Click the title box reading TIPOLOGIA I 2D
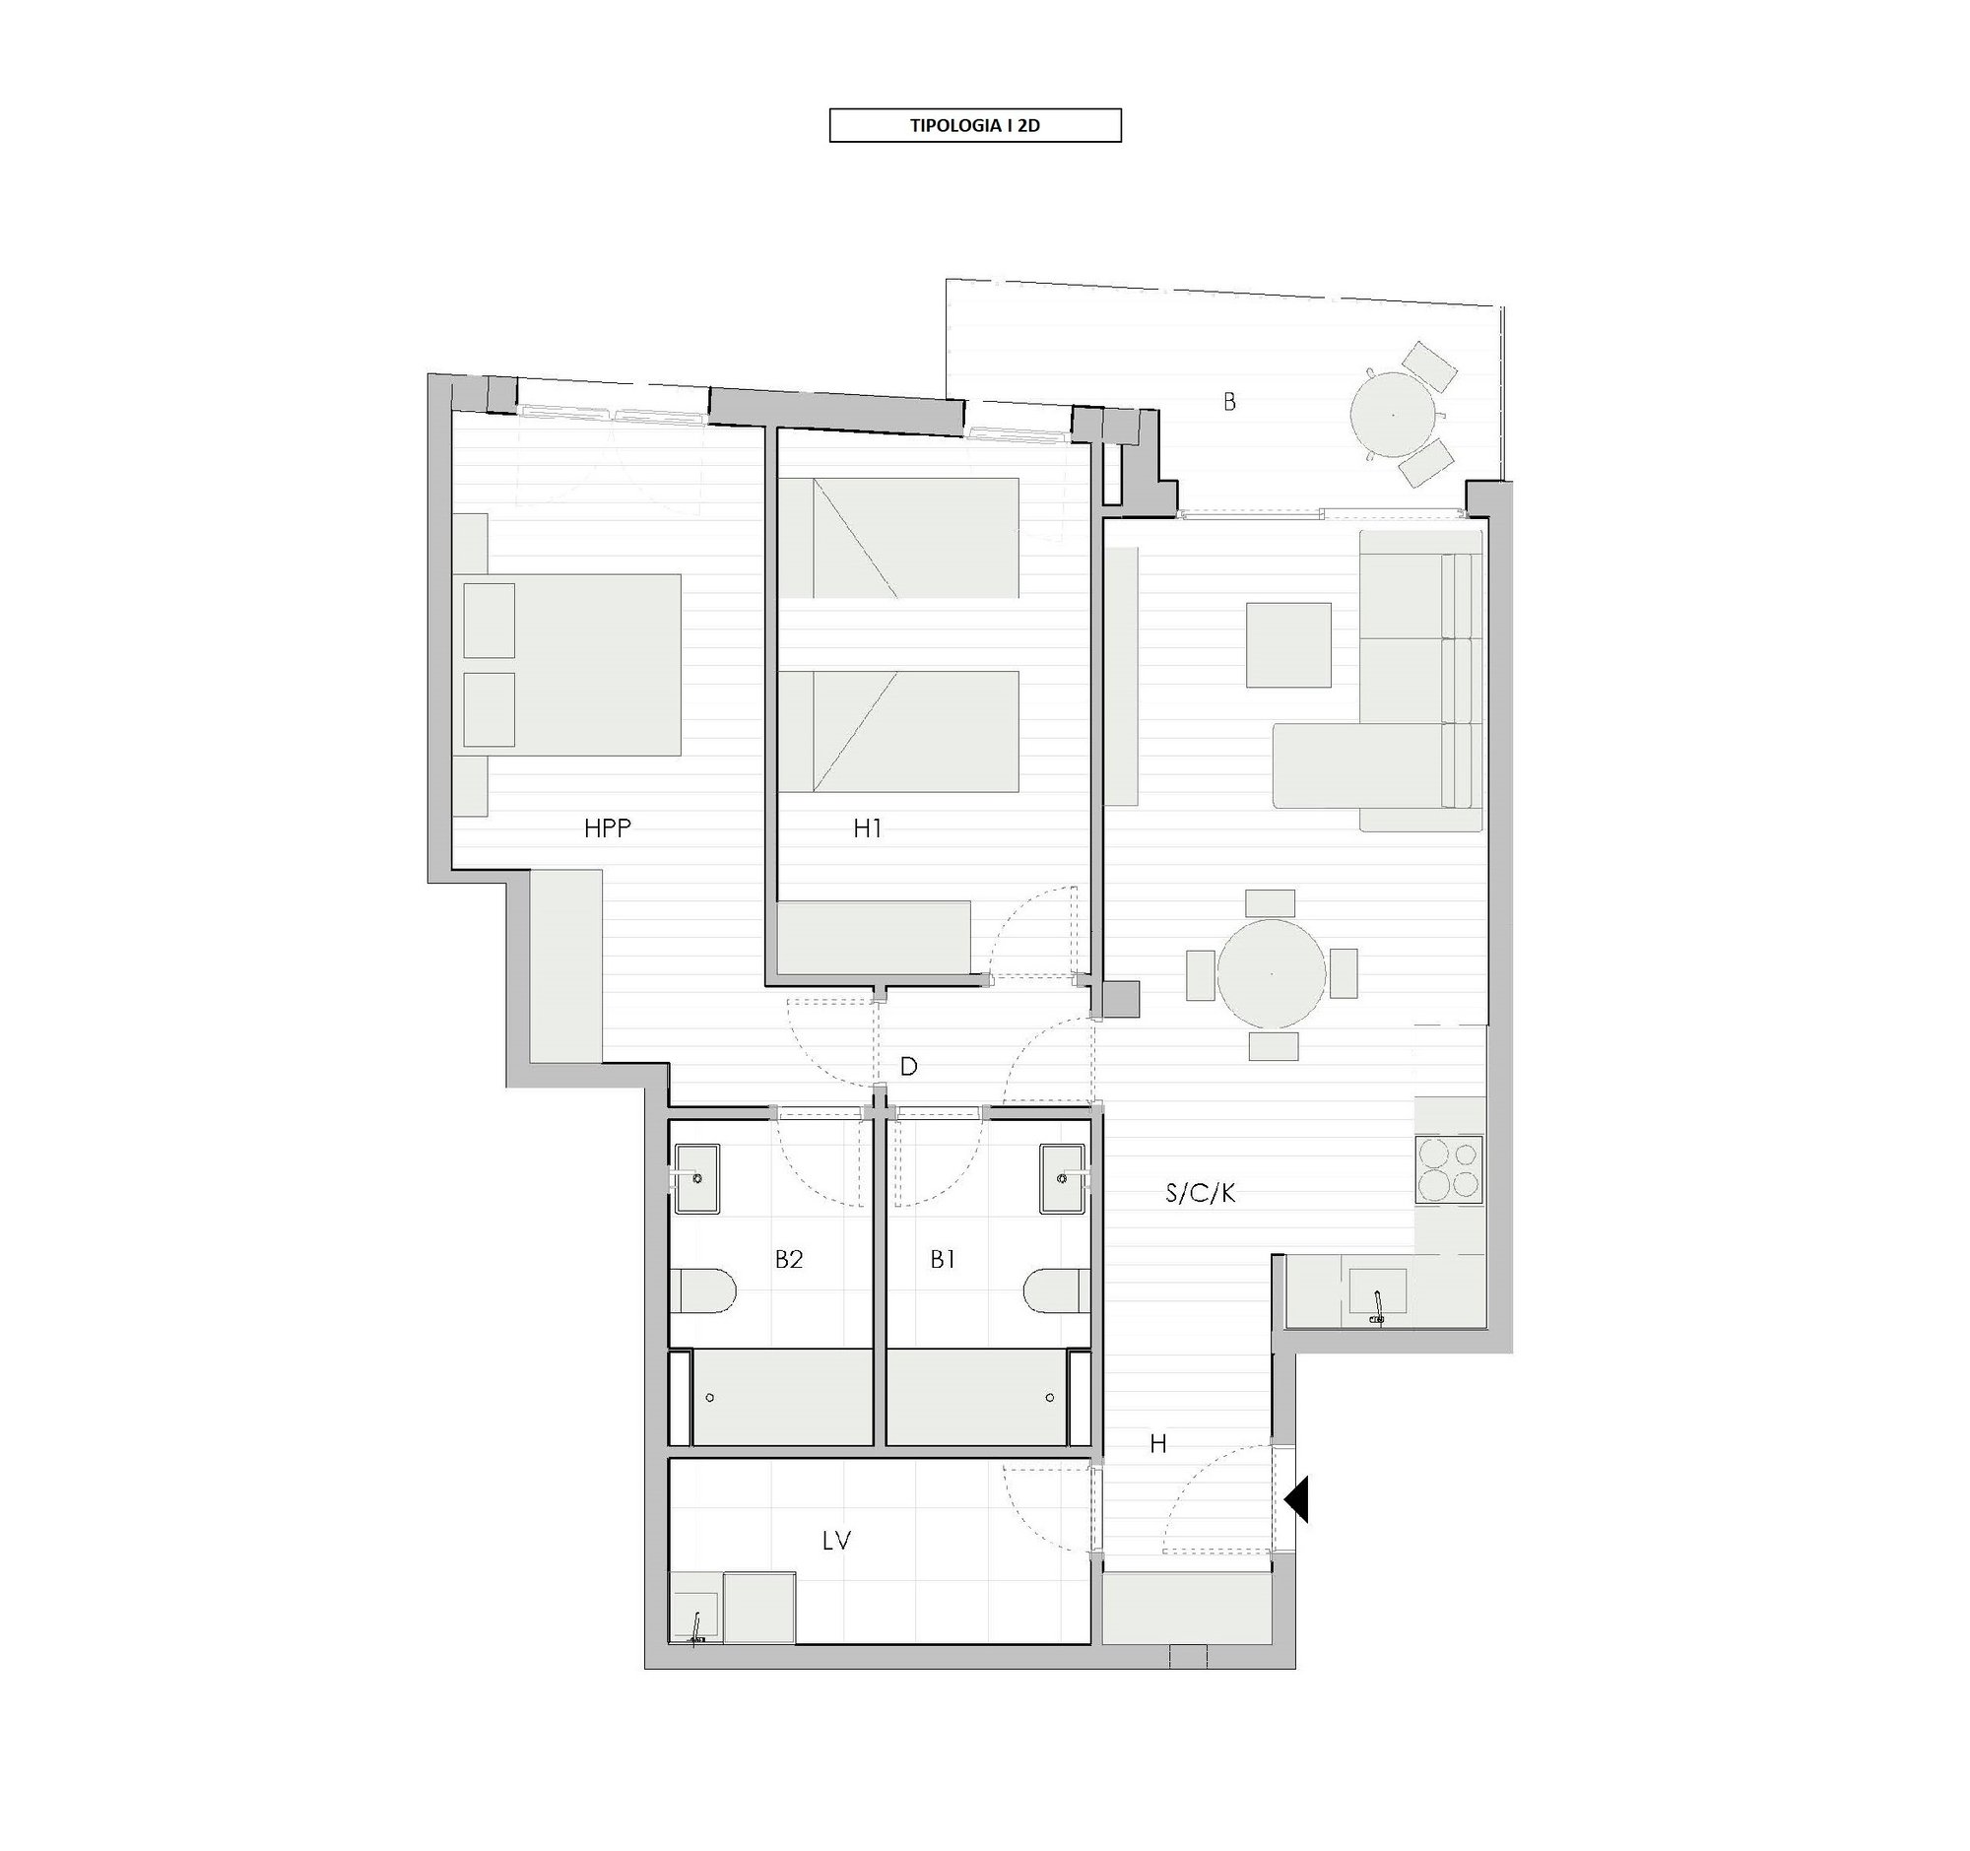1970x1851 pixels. (974, 126)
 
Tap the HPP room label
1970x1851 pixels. (608, 828)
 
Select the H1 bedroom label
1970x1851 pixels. (867, 828)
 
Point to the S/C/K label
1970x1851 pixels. (1200, 1193)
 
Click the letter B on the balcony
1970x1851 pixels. (1228, 402)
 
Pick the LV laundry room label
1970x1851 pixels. (836, 1540)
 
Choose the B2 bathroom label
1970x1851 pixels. (788, 1259)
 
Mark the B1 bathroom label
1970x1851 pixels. (943, 1259)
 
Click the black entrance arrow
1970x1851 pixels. (1297, 1498)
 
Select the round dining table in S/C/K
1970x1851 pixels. (1272, 974)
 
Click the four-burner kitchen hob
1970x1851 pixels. (1450, 1169)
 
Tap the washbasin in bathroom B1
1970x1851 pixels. (1063, 1178)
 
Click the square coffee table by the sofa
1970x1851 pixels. (1288, 645)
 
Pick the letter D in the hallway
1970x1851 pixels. (908, 1066)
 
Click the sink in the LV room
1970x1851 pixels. (695, 1622)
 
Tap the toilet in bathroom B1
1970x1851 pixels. (1056, 1292)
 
